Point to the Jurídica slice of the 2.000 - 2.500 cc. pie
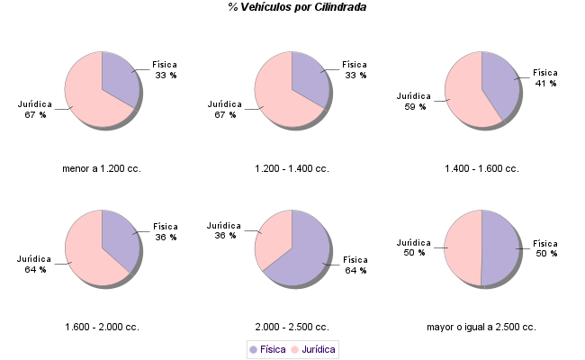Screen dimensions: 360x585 tap(274, 238)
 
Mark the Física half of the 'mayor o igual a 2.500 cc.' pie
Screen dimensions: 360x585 tap(500, 247)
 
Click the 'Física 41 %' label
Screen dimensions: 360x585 tap(545, 77)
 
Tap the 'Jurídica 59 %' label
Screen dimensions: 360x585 tap(414, 100)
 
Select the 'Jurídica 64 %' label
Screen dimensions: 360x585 tap(35, 264)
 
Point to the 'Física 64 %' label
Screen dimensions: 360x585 tap(355, 265)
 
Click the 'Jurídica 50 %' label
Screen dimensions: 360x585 tap(414, 247)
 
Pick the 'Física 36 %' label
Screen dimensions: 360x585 tap(166, 231)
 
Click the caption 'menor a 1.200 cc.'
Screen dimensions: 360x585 tap(102, 168)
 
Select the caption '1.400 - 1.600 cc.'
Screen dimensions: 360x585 tap(481, 168)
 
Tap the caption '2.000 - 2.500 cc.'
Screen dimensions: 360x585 tap(292, 327)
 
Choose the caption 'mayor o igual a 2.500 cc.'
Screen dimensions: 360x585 tap(481, 327)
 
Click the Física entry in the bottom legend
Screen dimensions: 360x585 tap(267, 349)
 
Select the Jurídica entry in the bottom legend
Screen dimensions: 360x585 tap(312, 349)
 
